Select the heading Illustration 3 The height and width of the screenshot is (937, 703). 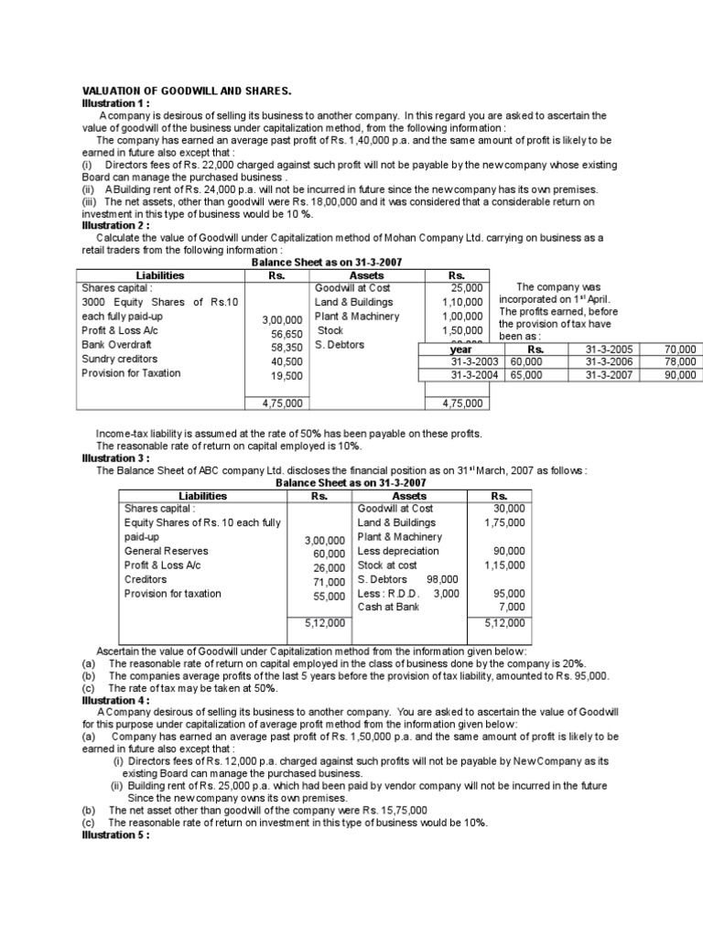click(x=115, y=458)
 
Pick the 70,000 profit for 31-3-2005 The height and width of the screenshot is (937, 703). click(x=679, y=350)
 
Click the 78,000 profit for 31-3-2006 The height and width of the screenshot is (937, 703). click(x=679, y=362)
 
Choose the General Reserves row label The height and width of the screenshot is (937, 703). click(x=166, y=551)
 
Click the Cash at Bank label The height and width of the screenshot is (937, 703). click(x=388, y=607)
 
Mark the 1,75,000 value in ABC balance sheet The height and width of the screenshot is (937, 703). click(x=504, y=522)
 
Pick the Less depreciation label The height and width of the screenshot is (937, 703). click(x=398, y=551)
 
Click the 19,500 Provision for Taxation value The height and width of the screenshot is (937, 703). click(x=287, y=376)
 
